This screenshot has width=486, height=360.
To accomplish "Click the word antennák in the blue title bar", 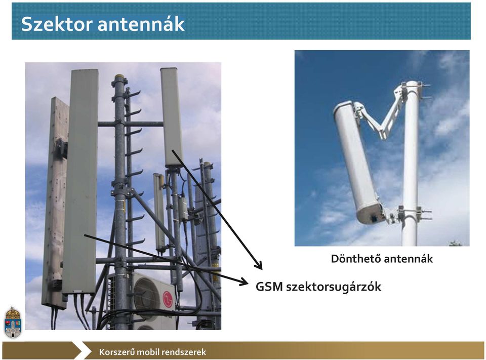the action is pos(141,24).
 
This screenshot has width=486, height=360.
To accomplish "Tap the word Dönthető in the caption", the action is pos(355,259).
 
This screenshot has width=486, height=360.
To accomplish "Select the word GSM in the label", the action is pos(269,287).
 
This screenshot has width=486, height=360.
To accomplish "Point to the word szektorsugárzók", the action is pos(334,287).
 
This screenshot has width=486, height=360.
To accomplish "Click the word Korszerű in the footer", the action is pos(116,352).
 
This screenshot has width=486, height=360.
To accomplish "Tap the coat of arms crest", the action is pos(13,323).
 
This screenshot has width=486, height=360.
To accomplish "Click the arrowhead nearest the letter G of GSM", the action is pos(244,282).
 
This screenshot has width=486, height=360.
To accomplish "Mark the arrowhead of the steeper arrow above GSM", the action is pos(259,265).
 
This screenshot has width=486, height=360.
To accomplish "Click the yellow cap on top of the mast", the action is pos(119,76).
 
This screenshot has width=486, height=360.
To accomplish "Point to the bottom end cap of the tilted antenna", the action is pos(371,214).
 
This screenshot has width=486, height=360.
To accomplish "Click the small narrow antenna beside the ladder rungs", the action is pos(159,213).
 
